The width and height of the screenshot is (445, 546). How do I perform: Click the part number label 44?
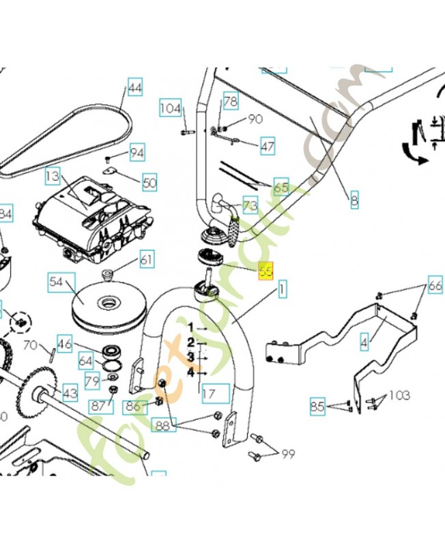(135, 87)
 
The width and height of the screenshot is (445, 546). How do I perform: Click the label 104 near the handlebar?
(170, 108)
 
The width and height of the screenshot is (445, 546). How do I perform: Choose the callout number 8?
(354, 201)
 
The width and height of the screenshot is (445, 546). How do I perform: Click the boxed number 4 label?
(364, 339)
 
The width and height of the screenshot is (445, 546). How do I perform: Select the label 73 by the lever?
(250, 205)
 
